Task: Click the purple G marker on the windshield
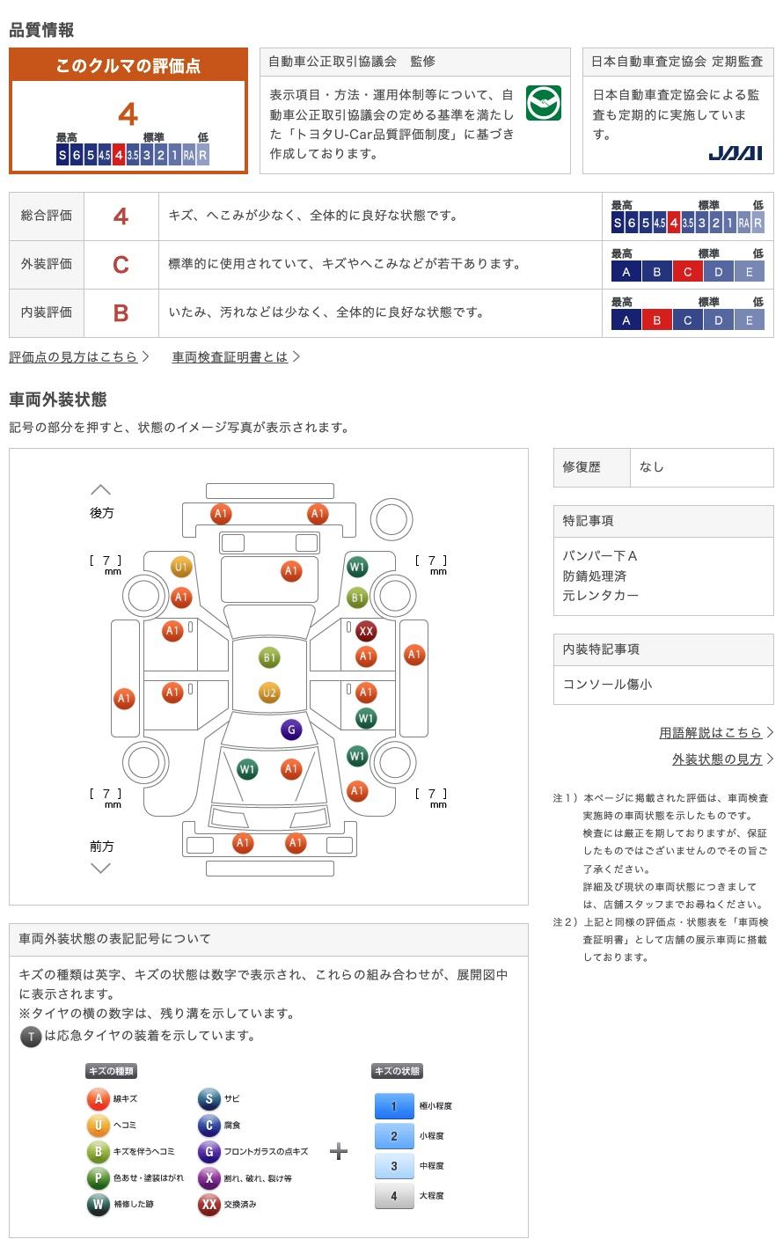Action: click(291, 730)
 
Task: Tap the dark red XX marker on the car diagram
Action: click(366, 631)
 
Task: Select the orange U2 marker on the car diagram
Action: click(269, 693)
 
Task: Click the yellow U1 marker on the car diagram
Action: click(180, 567)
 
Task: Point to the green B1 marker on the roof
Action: click(269, 657)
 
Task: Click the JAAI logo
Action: click(735, 153)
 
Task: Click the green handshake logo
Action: click(544, 103)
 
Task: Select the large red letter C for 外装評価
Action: click(121, 264)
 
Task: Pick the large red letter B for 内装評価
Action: click(121, 313)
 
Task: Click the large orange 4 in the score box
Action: click(128, 114)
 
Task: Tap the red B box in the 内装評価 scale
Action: click(657, 320)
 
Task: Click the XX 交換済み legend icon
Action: click(209, 1205)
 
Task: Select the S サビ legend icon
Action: click(209, 1099)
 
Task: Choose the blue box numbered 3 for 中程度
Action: click(394, 1165)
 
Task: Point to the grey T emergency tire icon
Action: click(31, 1037)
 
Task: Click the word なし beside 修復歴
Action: click(651, 467)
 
